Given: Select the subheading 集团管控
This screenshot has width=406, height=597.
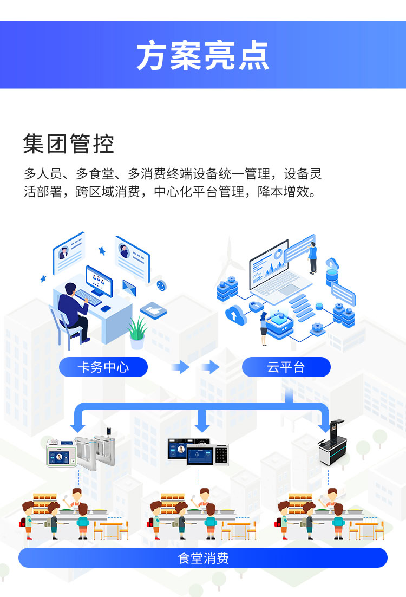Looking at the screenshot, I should [x=68, y=144].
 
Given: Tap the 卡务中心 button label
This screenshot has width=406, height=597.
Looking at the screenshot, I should [x=103, y=367].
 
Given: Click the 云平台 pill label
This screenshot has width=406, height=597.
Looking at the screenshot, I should [x=286, y=367].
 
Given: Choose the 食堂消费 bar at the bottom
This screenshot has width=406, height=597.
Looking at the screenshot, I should [x=203, y=558].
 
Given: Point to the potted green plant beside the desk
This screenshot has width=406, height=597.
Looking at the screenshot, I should [x=137, y=332].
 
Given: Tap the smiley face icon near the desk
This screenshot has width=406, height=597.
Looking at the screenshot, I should [x=161, y=284].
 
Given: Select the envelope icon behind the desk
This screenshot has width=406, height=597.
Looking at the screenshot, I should [x=129, y=287].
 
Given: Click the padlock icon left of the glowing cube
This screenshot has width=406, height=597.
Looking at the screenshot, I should [x=256, y=307].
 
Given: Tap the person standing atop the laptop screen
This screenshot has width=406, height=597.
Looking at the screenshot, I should [x=313, y=257].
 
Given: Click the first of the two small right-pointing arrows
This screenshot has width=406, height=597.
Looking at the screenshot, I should [x=181, y=367].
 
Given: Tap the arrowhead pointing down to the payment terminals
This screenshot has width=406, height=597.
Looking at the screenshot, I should [x=202, y=425].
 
